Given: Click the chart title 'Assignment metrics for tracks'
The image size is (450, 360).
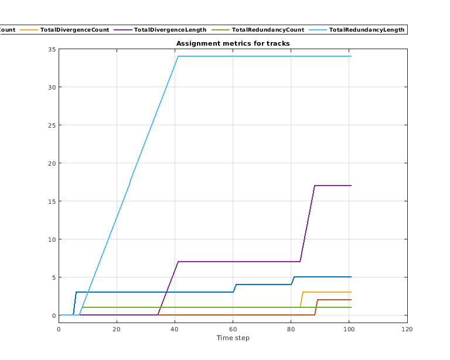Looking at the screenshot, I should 233,44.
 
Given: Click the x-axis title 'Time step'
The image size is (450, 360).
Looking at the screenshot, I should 233,338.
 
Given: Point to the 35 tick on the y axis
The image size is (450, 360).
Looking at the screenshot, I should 52,49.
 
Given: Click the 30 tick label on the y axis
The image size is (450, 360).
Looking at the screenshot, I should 52,87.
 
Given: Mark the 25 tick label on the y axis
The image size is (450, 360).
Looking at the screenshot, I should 52,125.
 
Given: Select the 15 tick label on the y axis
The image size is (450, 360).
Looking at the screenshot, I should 52,201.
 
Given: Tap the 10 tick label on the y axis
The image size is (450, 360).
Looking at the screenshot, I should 52,239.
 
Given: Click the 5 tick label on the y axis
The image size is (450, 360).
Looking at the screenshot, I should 54,277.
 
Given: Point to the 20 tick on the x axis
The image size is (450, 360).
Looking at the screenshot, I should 117,328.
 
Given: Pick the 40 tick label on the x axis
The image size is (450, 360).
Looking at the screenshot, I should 175,328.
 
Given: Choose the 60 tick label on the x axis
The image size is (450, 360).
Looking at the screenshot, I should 233,328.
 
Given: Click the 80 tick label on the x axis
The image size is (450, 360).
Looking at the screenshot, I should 291,328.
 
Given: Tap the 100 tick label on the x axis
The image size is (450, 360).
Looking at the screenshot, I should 349,328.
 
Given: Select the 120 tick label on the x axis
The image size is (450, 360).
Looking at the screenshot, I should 407,328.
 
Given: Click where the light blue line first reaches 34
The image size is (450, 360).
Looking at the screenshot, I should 178,56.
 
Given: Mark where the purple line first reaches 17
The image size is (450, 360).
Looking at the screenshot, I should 315,186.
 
